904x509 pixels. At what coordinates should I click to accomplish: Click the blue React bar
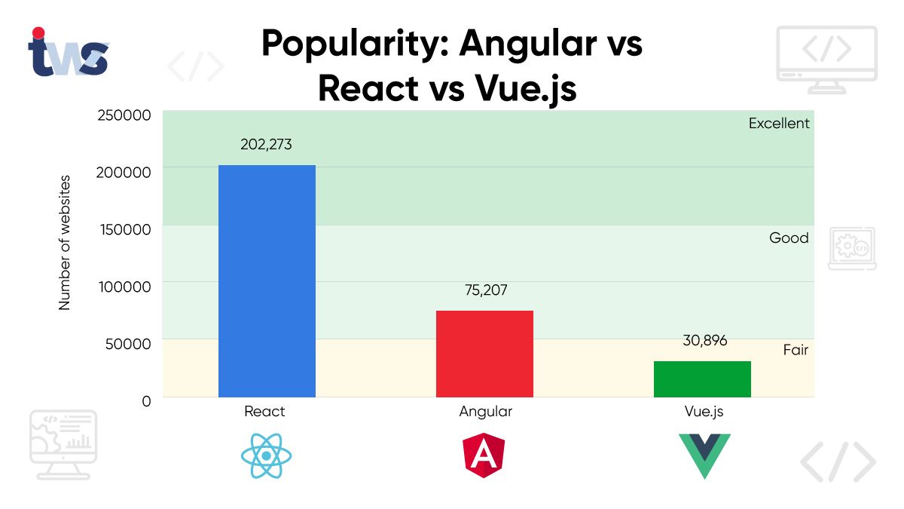(x=267, y=281)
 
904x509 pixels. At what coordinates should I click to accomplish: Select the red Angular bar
(x=484, y=354)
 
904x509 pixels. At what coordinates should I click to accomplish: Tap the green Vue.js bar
(x=702, y=379)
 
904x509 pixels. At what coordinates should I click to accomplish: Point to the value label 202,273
(x=267, y=144)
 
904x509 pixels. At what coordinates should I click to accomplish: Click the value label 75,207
(x=484, y=290)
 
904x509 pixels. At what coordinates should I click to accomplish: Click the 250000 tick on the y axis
(x=124, y=115)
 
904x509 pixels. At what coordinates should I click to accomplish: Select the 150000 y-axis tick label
(x=124, y=229)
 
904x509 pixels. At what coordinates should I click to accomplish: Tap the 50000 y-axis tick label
(x=128, y=343)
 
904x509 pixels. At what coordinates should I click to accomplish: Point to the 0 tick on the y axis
(x=146, y=400)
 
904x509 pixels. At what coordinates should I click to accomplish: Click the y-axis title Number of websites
(x=65, y=242)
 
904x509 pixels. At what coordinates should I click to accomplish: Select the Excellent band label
(x=779, y=124)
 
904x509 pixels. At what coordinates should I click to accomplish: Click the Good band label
(x=789, y=238)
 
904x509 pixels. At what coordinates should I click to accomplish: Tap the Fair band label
(x=796, y=350)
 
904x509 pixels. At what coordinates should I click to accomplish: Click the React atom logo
(x=267, y=456)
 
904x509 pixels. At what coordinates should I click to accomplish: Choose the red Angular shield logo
(x=484, y=455)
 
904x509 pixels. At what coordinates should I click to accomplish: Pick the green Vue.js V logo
(x=704, y=455)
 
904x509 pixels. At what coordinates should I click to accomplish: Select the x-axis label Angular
(x=485, y=412)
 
